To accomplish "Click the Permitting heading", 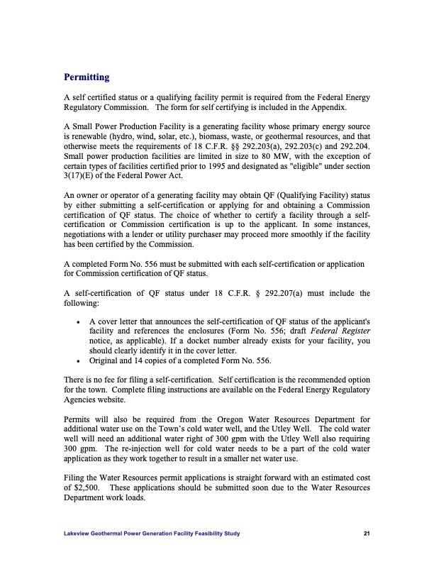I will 87,77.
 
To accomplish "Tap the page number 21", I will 365,533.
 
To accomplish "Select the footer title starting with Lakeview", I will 152,533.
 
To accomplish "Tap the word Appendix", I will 326,107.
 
